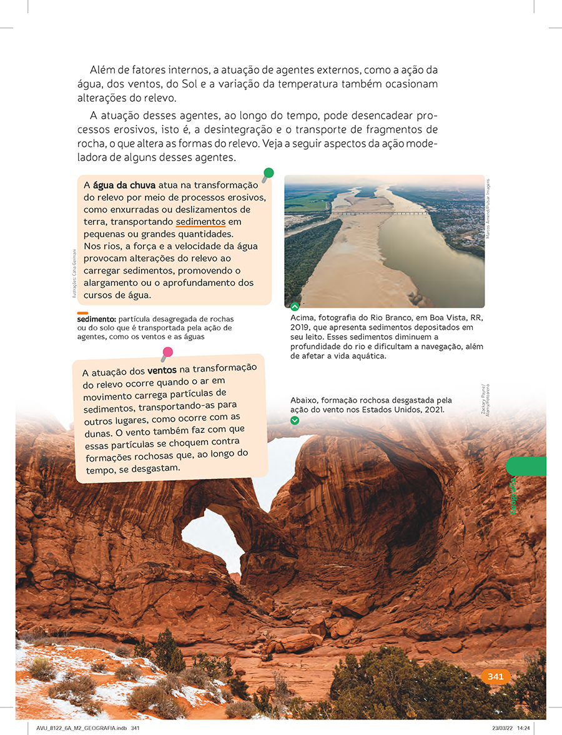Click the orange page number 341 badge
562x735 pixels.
(x=496, y=676)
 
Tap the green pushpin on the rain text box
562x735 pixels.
(x=269, y=173)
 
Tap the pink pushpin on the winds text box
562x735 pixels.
(x=167, y=353)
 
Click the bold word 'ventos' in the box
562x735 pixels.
(x=162, y=370)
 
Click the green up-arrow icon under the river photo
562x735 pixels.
(x=295, y=307)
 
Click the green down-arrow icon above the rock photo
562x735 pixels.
(x=295, y=420)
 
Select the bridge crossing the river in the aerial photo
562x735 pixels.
(x=381, y=213)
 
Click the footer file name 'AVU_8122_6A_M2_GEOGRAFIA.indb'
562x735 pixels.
(x=78, y=728)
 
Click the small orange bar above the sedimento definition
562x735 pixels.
(x=82, y=312)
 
